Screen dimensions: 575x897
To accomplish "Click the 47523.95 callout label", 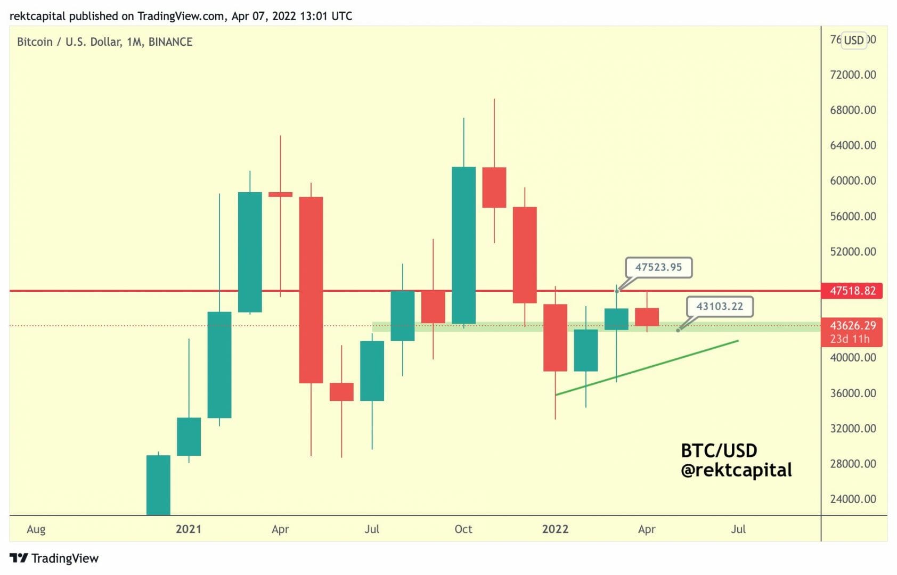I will [658, 267].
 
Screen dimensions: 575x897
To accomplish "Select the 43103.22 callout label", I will [720, 306].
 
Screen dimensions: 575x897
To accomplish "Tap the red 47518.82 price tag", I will [852, 291].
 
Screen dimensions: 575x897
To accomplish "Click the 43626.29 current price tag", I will [852, 325].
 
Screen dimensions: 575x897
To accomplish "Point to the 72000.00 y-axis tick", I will [853, 75].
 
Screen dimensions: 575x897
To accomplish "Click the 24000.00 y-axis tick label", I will [853, 499].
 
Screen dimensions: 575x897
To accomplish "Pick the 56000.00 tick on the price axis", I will [853, 216].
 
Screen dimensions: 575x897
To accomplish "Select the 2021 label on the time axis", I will [189, 529].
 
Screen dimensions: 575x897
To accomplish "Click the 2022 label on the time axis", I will [555, 529].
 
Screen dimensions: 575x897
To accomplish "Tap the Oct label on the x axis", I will [463, 529].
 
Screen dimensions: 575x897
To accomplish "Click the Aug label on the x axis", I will [36, 529].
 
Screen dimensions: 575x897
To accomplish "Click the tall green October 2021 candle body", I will [463, 245].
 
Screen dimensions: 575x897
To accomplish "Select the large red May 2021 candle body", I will [311, 290].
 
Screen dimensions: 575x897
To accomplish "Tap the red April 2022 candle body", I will [647, 317].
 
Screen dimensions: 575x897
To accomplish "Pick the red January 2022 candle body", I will [555, 338].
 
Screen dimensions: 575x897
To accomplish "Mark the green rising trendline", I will [647, 367].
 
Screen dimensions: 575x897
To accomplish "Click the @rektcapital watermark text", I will [736, 470].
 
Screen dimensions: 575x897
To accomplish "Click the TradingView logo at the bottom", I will [54, 558].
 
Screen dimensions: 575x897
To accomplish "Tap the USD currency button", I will [853, 40].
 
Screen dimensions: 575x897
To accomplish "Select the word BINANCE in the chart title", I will [170, 42].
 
